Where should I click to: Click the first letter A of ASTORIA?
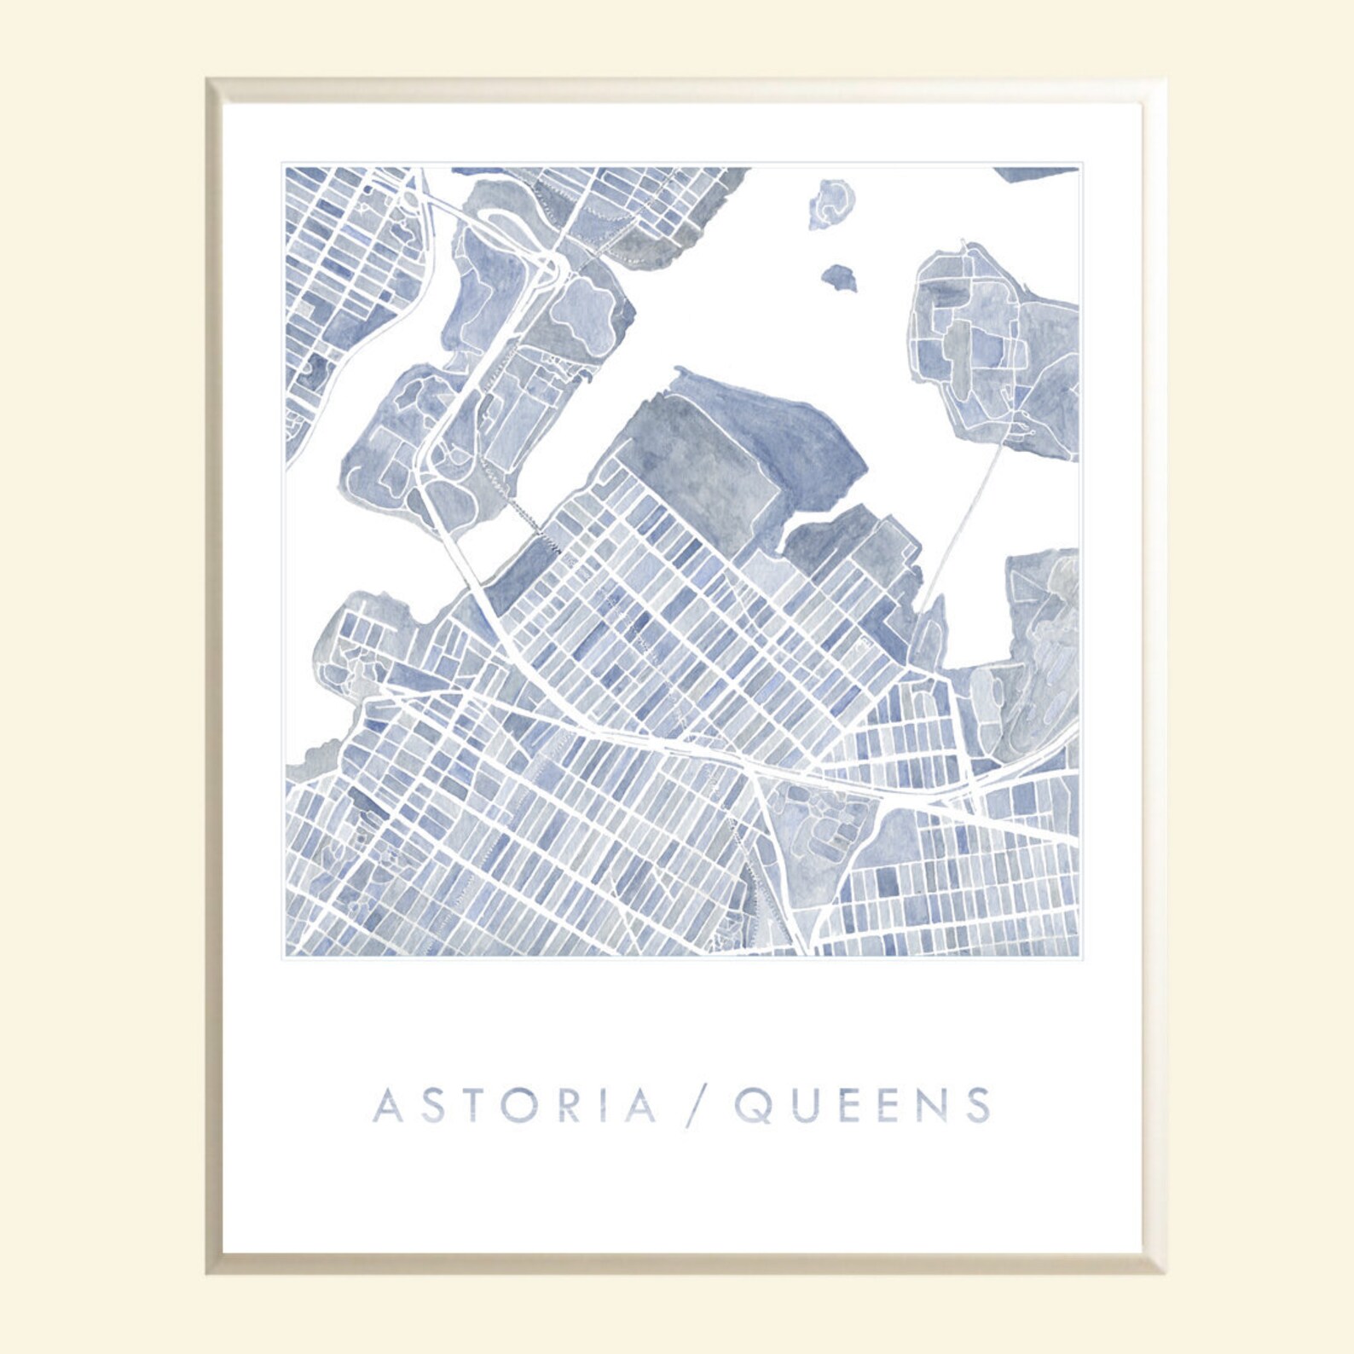coord(388,1105)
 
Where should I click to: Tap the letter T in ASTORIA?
coord(473,1105)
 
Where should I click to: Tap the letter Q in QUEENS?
coord(754,1105)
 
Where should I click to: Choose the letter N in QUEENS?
coord(931,1105)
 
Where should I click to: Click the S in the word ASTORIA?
coord(431,1105)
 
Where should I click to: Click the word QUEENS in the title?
coord(863,1105)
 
